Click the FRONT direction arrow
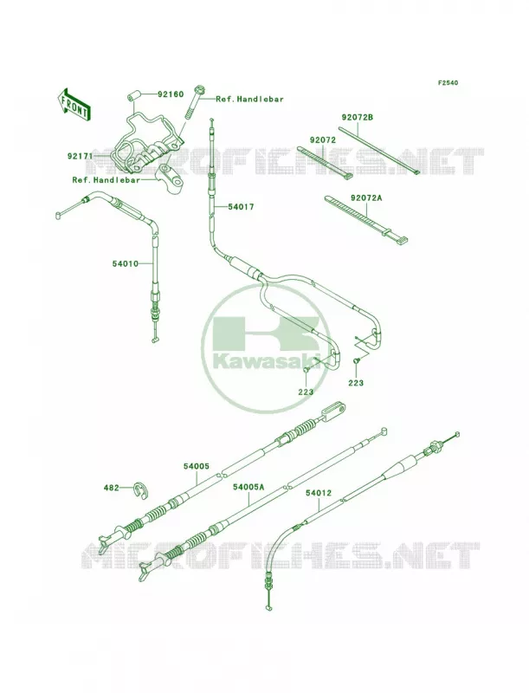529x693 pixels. pyautogui.click(x=74, y=104)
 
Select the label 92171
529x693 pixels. pyautogui.click(x=81, y=156)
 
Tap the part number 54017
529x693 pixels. pyautogui.click(x=241, y=206)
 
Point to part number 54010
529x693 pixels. pyautogui.click(x=125, y=264)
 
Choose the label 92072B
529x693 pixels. pyautogui.click(x=357, y=118)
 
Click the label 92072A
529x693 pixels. pyautogui.click(x=366, y=198)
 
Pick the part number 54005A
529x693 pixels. pyautogui.click(x=248, y=487)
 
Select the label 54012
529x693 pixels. pyautogui.click(x=318, y=492)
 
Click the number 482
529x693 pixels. pyautogui.click(x=112, y=488)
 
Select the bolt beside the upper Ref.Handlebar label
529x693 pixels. pyautogui.click(x=193, y=102)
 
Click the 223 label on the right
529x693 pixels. pyautogui.click(x=356, y=383)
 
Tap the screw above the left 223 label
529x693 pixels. pyautogui.click(x=306, y=375)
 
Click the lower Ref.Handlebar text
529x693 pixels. pyautogui.click(x=106, y=180)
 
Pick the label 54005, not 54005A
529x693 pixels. pyautogui.click(x=197, y=466)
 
